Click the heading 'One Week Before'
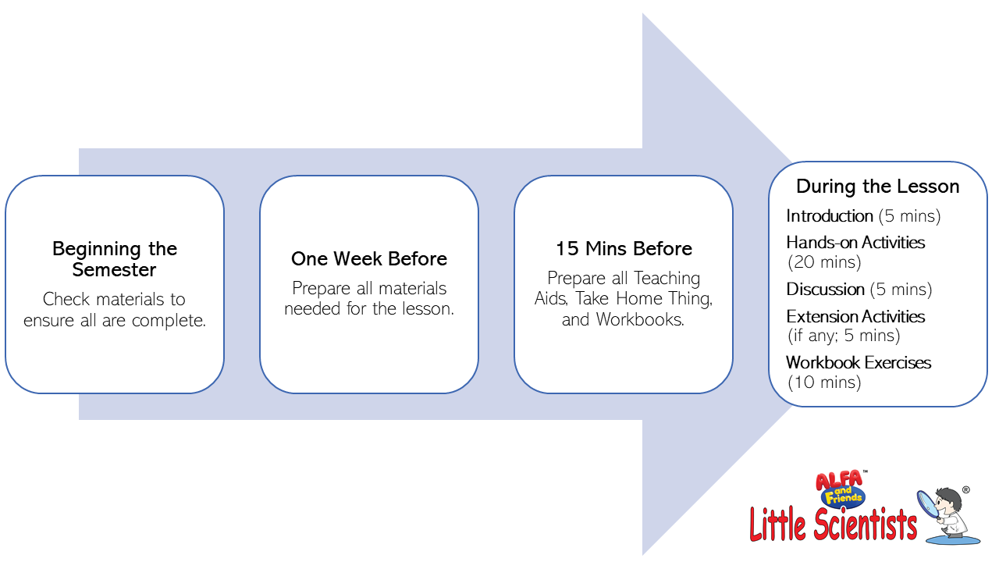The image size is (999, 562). [x=369, y=258]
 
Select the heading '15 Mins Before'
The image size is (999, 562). [x=624, y=248]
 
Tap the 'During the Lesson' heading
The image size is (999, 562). [x=878, y=187]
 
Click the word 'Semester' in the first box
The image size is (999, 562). [x=114, y=270]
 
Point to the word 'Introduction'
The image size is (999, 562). [x=830, y=216]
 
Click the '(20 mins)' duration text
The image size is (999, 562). [x=824, y=261]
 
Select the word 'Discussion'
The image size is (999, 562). [x=825, y=289]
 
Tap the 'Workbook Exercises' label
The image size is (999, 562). [x=859, y=363]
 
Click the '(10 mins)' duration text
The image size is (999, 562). [x=824, y=382]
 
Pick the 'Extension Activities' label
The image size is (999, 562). [x=855, y=317]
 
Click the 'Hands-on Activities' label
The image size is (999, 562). [x=855, y=243]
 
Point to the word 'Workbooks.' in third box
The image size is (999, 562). [x=640, y=319]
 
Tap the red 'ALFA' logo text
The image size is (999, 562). [x=839, y=480]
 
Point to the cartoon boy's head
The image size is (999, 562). [x=948, y=503]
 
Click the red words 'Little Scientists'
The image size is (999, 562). [x=833, y=525]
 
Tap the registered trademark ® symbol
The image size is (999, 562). [x=966, y=489]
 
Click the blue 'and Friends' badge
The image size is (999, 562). [x=844, y=496]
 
